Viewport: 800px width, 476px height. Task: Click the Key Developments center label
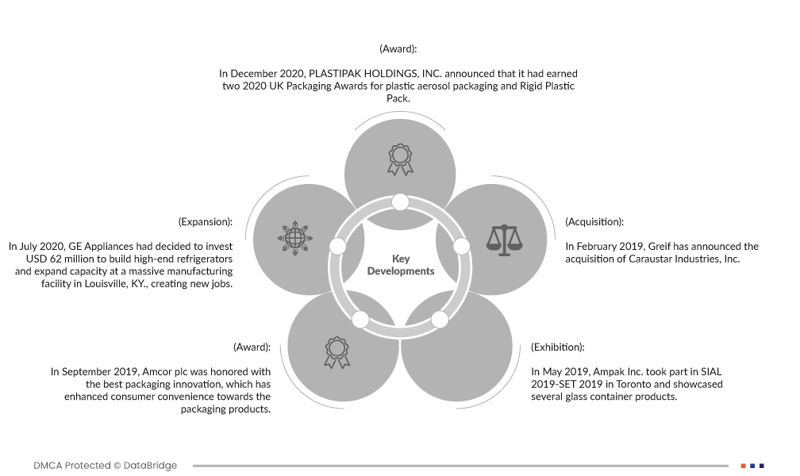[401, 265]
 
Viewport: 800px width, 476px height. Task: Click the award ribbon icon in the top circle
[401, 158]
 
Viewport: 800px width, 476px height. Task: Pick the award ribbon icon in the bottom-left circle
[337, 352]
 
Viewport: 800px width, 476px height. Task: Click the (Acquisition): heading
[594, 222]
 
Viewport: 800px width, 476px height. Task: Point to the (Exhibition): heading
[558, 347]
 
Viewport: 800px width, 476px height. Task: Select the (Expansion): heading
[206, 222]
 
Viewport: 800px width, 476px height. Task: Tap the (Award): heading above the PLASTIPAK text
[398, 49]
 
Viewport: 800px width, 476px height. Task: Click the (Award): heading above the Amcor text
[252, 347]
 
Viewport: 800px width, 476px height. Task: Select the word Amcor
[136, 371]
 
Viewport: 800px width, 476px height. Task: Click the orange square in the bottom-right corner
[743, 466]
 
